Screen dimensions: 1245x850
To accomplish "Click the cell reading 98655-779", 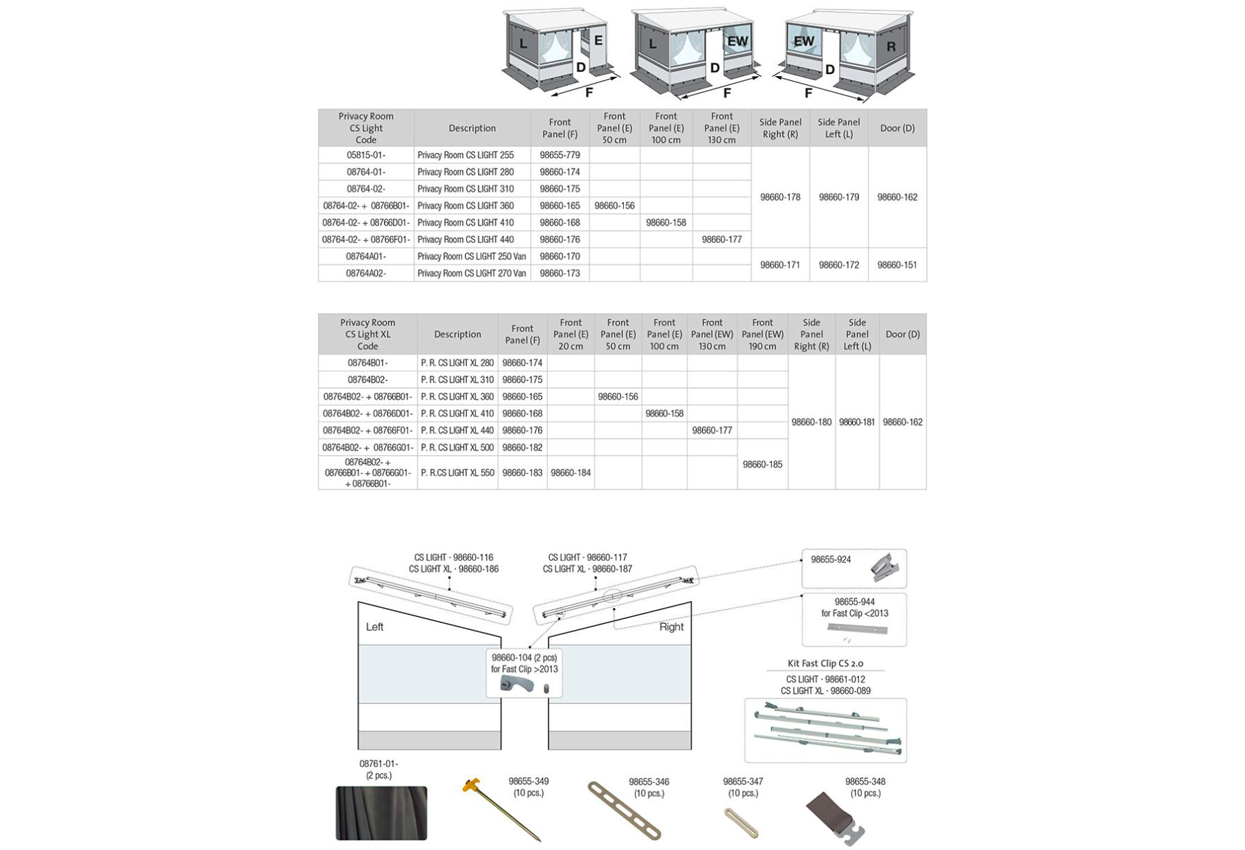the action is [x=560, y=155].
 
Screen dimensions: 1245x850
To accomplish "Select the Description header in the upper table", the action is [x=472, y=128].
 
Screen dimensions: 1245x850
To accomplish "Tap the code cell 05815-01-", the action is [x=366, y=155].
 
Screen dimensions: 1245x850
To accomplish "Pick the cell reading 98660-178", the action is [x=780, y=197].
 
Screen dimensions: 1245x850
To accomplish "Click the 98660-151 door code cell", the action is [x=897, y=265].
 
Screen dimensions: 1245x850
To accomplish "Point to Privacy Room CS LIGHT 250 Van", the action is [x=472, y=257].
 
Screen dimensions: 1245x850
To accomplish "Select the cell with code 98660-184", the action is [x=571, y=473].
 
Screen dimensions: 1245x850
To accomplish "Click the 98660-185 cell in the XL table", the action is [x=762, y=465].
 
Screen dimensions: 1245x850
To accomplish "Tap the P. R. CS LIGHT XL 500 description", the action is [x=457, y=447].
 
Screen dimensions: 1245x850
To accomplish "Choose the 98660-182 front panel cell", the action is [x=522, y=447].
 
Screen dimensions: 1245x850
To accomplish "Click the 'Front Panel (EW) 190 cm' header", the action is [x=762, y=334].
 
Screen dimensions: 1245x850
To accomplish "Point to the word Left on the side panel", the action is [x=374, y=627].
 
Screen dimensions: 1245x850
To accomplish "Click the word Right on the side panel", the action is [x=671, y=627].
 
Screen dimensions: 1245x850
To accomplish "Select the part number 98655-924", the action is [x=831, y=560].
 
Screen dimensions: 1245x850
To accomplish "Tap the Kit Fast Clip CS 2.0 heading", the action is [x=825, y=663].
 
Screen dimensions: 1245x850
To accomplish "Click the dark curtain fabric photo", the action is [x=381, y=813].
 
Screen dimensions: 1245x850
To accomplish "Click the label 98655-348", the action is [x=865, y=782].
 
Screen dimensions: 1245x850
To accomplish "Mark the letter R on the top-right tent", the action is [x=891, y=47].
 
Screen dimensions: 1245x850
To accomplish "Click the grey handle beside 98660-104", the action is [x=517, y=685].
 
